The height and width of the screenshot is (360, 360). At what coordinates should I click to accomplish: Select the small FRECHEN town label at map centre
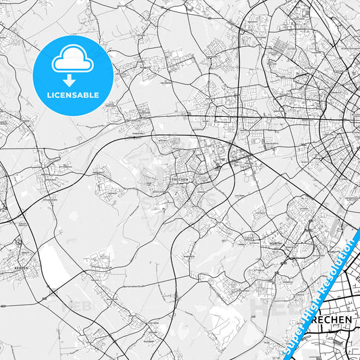point(179,180)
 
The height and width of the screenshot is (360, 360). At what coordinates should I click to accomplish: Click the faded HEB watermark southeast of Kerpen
point(72,305)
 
